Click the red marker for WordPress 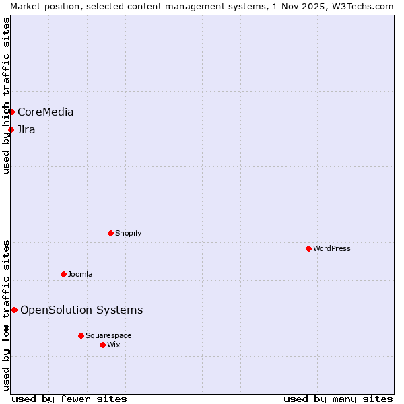coord(308,248)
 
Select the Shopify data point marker coord(110,233)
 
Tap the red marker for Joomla coord(63,274)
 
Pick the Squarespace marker coord(81,335)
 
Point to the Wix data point coord(102,345)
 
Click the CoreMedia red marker coord(11,112)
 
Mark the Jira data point coord(11,129)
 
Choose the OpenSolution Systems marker coord(14,310)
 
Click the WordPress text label coord(332,249)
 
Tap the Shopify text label coord(128,234)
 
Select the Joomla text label coord(80,275)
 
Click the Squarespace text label coord(108,336)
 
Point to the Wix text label coord(114,345)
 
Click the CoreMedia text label coord(46,112)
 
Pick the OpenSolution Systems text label coord(81,310)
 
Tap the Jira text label coord(26,130)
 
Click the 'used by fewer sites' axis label coord(69,399)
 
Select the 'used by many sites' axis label coord(338,399)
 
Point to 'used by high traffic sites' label coord(6,96)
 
